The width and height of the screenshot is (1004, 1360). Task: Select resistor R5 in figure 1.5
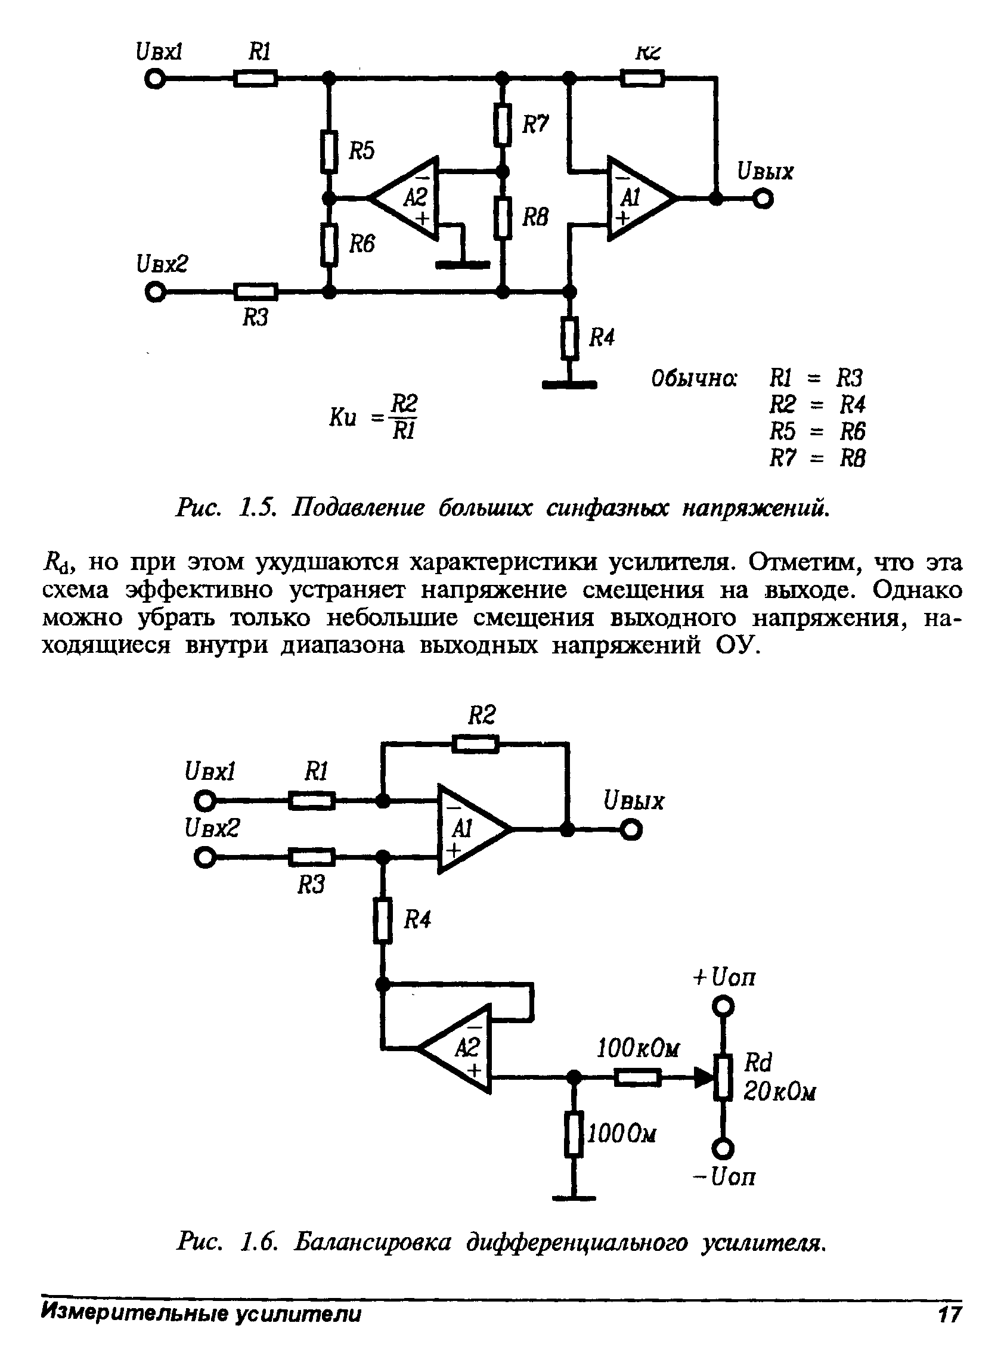point(329,152)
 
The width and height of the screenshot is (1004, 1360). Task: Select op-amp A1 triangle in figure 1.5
point(638,198)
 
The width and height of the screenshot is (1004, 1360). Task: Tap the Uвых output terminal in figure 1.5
point(763,199)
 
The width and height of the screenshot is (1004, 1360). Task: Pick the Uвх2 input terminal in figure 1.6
point(205,858)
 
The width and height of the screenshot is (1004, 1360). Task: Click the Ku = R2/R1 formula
point(373,417)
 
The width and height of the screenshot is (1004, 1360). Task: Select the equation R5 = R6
point(817,432)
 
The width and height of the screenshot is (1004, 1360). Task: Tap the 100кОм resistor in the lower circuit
point(637,1078)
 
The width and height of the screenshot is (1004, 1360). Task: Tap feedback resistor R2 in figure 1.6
point(475,744)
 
